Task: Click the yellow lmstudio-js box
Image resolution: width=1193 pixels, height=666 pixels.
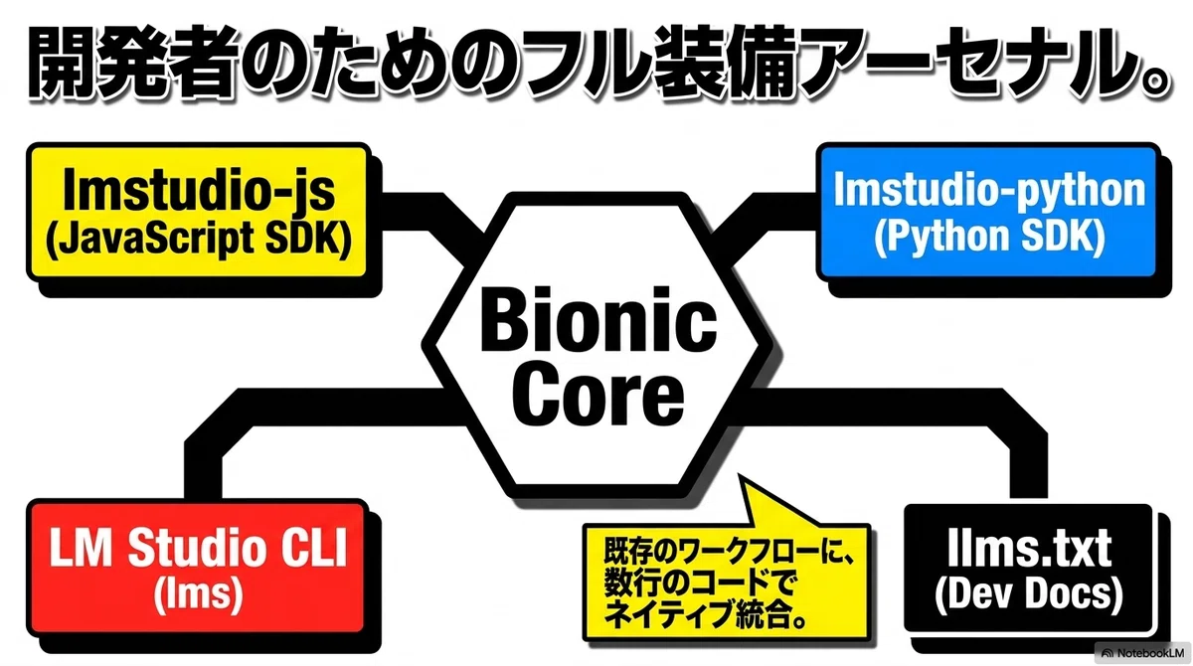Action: click(199, 212)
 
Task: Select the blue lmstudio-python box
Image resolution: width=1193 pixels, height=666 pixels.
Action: click(988, 212)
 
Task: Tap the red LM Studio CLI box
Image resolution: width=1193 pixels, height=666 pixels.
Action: click(197, 568)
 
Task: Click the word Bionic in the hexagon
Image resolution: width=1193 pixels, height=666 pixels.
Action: click(598, 319)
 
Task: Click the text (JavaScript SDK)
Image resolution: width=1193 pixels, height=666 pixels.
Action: click(199, 238)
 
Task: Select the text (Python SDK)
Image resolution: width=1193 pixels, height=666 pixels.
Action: click(989, 237)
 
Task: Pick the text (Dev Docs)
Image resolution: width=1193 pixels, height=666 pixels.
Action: click(1028, 594)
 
